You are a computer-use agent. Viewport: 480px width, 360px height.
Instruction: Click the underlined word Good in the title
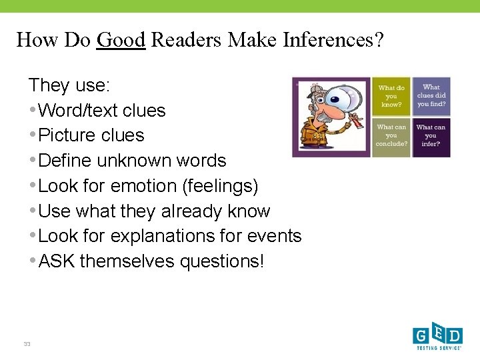coord(121,40)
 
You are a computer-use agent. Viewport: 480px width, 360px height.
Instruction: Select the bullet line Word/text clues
coord(101,110)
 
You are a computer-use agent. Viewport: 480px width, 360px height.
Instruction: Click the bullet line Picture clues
coord(91,135)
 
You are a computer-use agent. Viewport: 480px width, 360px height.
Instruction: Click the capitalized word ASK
coord(57,261)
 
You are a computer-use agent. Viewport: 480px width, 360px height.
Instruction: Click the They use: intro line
coord(69,85)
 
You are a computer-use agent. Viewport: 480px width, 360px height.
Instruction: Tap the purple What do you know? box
coord(391,97)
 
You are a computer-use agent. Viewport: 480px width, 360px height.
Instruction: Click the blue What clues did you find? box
coord(431,96)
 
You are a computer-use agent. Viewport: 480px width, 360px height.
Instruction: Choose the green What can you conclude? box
coord(391,136)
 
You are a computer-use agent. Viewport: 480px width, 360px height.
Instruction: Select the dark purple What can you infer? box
coord(431,136)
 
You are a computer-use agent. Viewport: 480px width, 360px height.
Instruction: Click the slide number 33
coord(27,344)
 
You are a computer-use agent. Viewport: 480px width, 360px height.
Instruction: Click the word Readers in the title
coord(187,40)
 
